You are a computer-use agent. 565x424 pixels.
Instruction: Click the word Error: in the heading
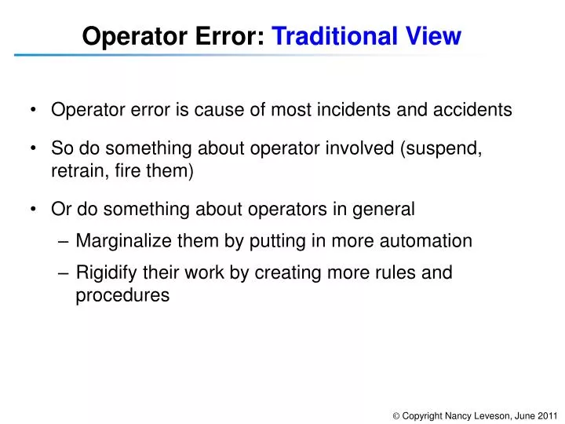click(x=231, y=36)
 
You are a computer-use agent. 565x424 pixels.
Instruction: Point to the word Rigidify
click(x=105, y=273)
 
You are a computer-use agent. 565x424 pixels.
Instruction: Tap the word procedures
click(x=122, y=295)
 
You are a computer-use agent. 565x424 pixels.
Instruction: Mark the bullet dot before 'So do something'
click(x=36, y=148)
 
